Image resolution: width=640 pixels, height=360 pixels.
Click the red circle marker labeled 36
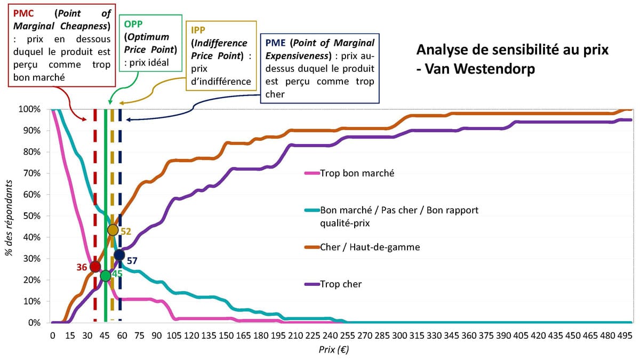point(95,267)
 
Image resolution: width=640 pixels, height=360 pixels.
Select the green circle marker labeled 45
point(106,276)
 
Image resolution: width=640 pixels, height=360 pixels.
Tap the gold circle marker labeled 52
point(113,230)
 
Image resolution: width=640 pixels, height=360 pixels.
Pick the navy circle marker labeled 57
point(119,255)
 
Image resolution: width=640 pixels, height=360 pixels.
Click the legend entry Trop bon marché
point(357,173)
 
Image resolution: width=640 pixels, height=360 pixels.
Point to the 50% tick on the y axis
point(30,216)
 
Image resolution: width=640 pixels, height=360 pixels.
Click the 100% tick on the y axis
point(29,109)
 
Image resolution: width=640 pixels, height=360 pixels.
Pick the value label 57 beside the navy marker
point(132,261)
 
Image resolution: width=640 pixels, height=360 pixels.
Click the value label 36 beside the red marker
point(82,267)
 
